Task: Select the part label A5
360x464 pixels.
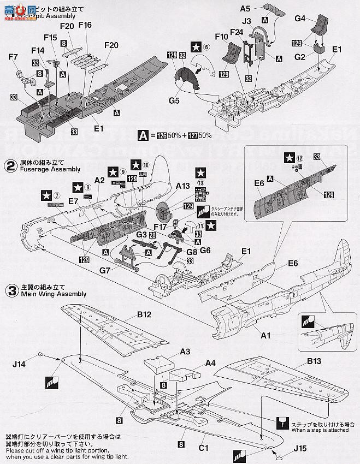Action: (x=245, y=9)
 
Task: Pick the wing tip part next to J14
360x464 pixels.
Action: (x=55, y=358)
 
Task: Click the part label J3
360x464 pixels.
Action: (x=246, y=22)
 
